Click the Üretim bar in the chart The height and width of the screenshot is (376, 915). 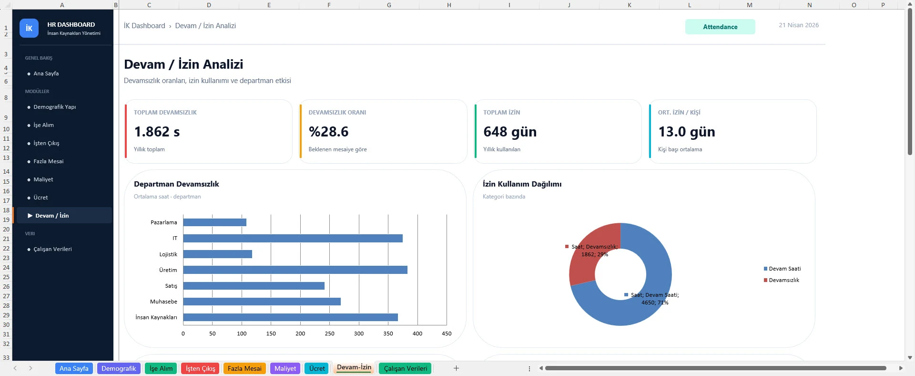(295, 270)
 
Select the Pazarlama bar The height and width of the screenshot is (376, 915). (214, 222)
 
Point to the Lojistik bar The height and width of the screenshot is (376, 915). (217, 254)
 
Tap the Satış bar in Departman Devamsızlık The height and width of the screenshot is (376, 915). (254, 286)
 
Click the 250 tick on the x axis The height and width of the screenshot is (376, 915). (329, 334)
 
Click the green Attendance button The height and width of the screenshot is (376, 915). (720, 27)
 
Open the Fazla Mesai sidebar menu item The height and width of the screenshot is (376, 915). (48, 161)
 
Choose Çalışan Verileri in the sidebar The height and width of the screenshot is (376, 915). (52, 249)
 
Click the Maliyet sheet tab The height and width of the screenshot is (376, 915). (285, 368)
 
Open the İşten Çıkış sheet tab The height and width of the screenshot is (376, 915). (200, 368)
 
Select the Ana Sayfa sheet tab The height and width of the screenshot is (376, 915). (74, 368)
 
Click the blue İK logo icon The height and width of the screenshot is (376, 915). (29, 28)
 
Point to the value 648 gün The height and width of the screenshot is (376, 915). (510, 132)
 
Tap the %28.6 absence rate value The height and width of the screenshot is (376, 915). (328, 132)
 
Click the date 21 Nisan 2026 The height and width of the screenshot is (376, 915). (799, 25)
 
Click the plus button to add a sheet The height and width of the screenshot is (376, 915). (456, 368)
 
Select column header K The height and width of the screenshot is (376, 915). (629, 5)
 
